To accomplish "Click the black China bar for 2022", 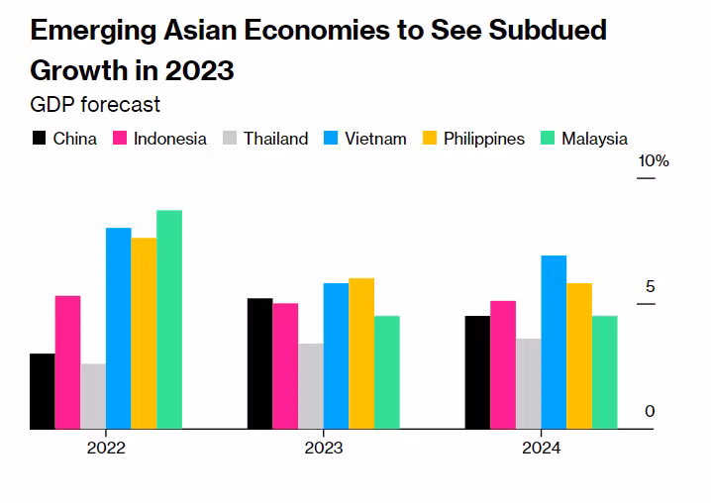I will click(x=43, y=391).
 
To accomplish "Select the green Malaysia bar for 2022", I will click(x=169, y=319).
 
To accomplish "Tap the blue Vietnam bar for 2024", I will click(x=554, y=342).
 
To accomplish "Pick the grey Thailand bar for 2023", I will click(x=311, y=386).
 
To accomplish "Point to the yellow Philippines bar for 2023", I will click(x=361, y=353).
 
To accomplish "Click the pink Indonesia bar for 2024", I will click(x=503, y=364).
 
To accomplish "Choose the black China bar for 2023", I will click(x=259, y=363).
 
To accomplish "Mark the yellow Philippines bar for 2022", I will click(x=144, y=333).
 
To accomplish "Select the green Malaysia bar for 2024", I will click(x=605, y=372).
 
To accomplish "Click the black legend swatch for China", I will click(x=40, y=139).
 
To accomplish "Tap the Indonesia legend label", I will click(x=169, y=139).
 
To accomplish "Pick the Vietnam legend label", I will click(x=375, y=139).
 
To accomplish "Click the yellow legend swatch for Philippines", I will click(x=429, y=139).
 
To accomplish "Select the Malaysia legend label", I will click(x=594, y=139).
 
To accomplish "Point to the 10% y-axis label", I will click(x=655, y=161).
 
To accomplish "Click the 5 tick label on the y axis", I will click(x=650, y=286).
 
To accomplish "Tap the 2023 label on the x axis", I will click(x=324, y=448).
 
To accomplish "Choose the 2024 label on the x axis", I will click(x=541, y=448).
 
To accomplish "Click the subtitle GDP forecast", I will click(x=95, y=104).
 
